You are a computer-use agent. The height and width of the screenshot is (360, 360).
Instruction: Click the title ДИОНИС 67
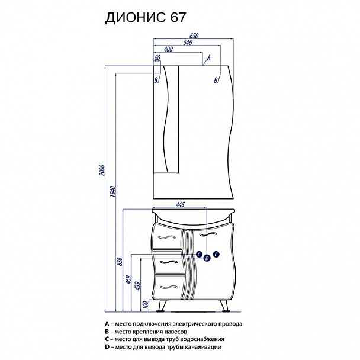pos(145,18)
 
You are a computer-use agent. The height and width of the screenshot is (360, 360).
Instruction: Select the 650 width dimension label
pos(194,36)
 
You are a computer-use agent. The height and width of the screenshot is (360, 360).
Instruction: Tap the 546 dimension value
pos(188,42)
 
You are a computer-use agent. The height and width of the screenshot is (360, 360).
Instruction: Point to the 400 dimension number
pos(168,49)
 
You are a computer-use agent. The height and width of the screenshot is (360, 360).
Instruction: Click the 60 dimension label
pos(157,58)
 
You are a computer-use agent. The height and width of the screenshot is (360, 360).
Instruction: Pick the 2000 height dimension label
pos(102,170)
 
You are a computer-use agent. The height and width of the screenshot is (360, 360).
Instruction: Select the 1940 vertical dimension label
pos(112,191)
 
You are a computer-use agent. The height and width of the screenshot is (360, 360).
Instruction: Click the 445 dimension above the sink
pos(180,204)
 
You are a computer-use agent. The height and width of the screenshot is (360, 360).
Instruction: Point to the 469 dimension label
pos(128,279)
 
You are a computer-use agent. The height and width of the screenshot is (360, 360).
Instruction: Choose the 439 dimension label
pos(137,285)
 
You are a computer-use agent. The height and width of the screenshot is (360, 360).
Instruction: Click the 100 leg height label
pos(146,305)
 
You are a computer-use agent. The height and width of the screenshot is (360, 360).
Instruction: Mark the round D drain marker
pos(207,258)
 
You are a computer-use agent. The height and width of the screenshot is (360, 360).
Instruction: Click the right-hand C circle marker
pos(216,254)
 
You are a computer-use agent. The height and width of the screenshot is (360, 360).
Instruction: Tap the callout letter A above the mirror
pos(208,57)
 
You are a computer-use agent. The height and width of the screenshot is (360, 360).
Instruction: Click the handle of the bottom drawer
pos(169,287)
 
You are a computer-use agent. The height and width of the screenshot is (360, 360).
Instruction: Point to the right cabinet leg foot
pos(226,311)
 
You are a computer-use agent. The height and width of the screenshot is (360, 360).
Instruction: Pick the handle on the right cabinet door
pos(208,234)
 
